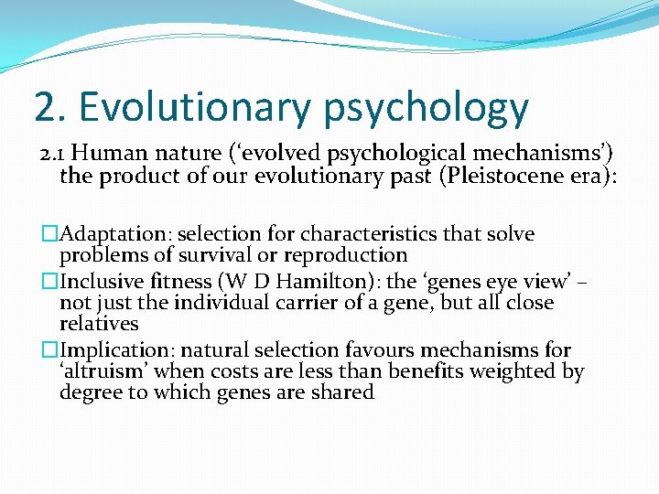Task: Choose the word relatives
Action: coord(99,324)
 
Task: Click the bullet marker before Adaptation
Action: coord(48,234)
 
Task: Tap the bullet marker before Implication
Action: coord(48,349)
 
